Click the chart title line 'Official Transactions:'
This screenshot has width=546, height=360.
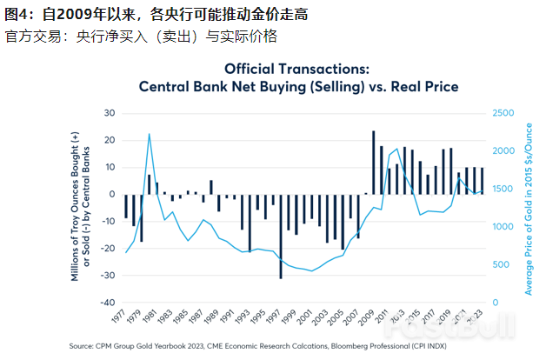[297, 69]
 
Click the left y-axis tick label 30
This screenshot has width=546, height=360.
[110, 113]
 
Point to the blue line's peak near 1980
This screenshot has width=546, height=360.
[150, 134]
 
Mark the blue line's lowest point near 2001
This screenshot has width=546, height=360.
[311, 270]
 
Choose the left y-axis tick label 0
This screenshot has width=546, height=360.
[113, 194]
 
